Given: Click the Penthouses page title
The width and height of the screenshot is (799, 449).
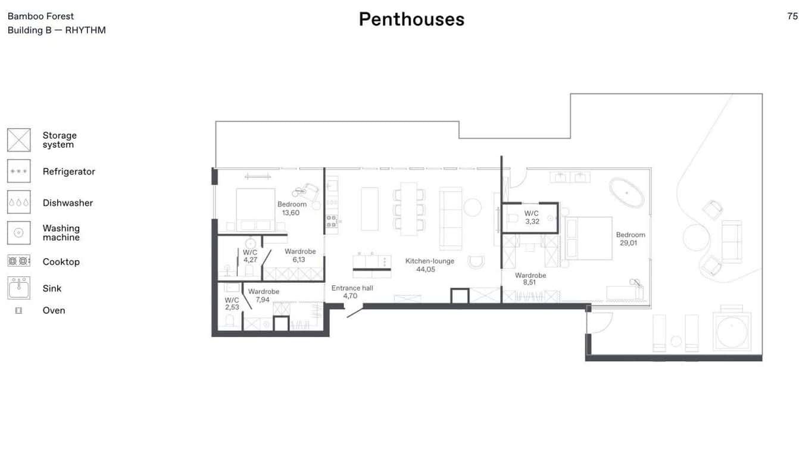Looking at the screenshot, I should coord(411,19).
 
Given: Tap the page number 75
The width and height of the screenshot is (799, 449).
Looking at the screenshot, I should coord(792,16).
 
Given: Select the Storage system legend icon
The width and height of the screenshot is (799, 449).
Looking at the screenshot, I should coord(19,140).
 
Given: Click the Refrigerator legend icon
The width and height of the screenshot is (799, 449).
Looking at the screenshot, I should coord(19,172).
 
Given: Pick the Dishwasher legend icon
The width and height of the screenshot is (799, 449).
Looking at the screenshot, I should coord(19,202).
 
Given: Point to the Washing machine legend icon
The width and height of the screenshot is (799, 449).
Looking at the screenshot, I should coord(19,233).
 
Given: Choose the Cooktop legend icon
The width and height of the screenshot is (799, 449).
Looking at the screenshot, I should coord(19,261).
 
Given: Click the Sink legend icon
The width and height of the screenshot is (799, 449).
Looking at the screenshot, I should coord(19,288).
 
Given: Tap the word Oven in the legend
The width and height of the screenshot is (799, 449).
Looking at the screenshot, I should coord(54,310).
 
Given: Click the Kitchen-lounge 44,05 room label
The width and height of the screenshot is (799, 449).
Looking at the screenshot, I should coord(429,265).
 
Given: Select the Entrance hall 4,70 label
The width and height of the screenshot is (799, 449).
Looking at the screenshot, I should coord(352,292).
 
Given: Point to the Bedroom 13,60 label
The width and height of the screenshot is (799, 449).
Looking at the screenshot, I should coord(292,208).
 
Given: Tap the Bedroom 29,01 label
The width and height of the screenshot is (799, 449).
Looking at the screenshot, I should coord(631,239).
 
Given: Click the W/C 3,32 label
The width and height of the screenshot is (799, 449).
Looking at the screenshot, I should coord(532,217).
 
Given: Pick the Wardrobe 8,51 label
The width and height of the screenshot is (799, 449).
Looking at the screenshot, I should coord(530,279).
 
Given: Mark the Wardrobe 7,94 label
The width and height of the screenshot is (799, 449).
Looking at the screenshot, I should coord(263,295).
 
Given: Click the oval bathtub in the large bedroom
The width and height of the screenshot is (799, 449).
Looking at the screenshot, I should coord(626,193).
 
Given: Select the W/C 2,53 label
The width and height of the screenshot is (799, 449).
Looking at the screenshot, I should coord(232,304).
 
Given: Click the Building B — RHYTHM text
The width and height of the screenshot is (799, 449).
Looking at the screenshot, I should coord(57,30).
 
